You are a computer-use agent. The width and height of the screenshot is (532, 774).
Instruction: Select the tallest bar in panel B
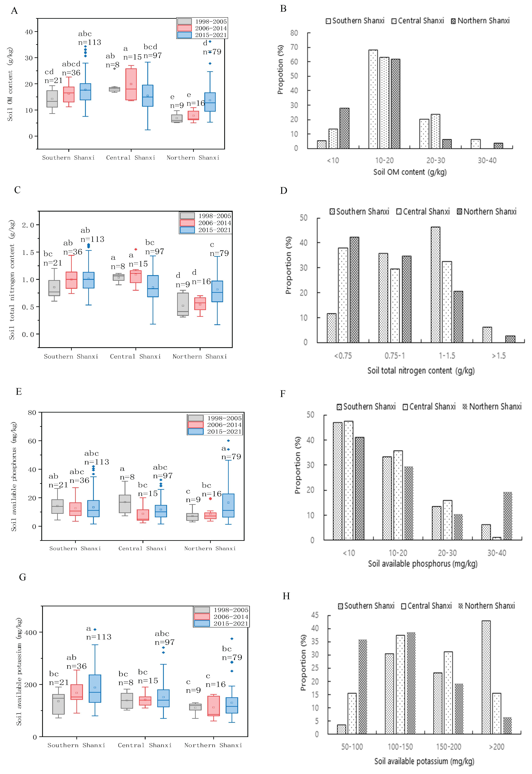[373, 99]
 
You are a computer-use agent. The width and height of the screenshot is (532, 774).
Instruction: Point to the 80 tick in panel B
[294, 33]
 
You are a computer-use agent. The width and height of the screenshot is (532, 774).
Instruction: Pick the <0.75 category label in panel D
[343, 356]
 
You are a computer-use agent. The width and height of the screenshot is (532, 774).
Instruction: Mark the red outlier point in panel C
[136, 249]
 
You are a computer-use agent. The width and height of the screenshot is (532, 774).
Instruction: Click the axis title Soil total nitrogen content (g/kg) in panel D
[421, 371]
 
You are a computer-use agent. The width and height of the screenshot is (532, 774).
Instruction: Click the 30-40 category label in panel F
[497, 553]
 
